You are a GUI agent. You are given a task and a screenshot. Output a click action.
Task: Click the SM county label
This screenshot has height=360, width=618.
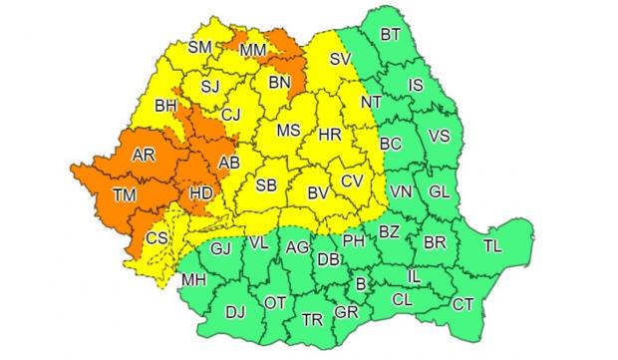pos(201,46)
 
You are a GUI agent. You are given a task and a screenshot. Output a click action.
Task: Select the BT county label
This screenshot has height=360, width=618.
pos(391,35)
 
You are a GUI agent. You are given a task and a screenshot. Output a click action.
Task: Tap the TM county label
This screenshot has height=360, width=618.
pos(125,195)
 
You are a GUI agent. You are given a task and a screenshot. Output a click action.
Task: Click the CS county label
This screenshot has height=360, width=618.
pos(156,238)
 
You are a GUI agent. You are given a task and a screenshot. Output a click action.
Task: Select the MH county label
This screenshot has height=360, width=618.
pos(191,279)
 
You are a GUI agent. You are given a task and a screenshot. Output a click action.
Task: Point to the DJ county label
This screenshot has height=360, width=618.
pos(235,313)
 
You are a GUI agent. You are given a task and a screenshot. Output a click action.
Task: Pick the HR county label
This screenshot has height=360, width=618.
pos(330,132)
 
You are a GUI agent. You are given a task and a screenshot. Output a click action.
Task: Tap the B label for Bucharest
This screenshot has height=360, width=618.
pos(360,283)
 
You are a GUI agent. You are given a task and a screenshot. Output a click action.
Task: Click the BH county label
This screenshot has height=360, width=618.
pos(165,103)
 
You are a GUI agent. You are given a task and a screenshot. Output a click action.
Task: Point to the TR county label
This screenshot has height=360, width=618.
pos(312,319)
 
